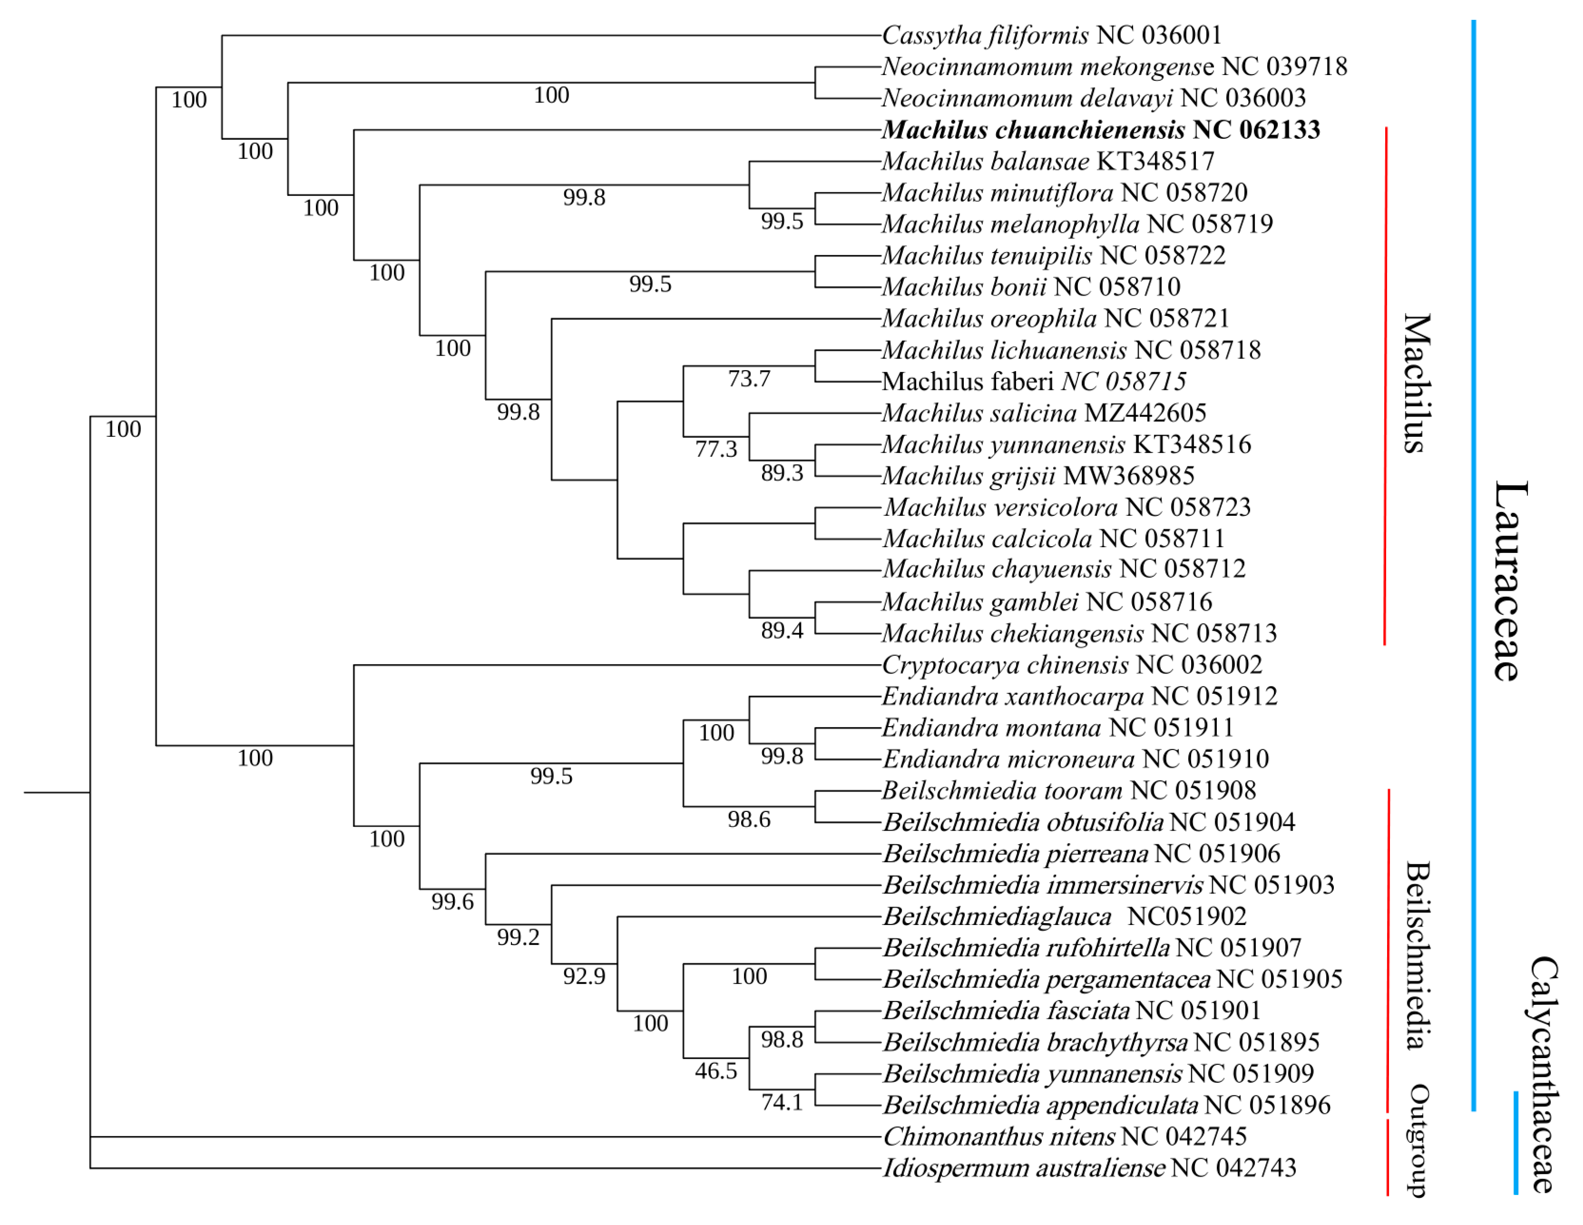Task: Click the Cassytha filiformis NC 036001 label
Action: [x=1051, y=35]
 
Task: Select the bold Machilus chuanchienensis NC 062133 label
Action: [x=1100, y=130]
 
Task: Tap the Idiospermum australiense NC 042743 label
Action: [x=1089, y=1168]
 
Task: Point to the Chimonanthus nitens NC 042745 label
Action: [x=1064, y=1136]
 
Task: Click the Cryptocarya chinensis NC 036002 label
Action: [x=1071, y=665]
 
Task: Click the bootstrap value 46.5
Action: [x=716, y=1071]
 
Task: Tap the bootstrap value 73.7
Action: [x=749, y=378]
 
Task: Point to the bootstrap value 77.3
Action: [x=716, y=449]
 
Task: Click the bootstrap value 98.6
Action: [x=749, y=820]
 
